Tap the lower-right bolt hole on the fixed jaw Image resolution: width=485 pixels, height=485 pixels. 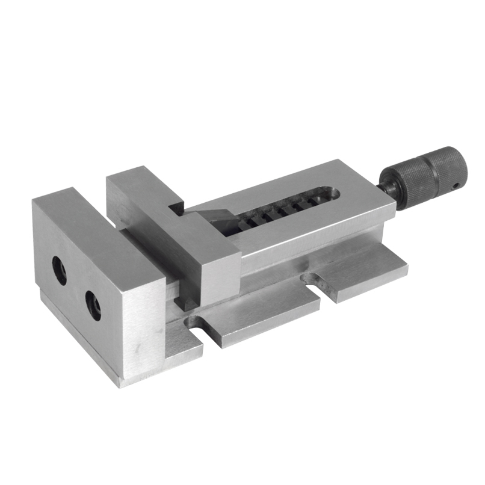(x=93, y=305)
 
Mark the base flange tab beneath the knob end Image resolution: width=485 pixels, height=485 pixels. (x=367, y=271)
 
